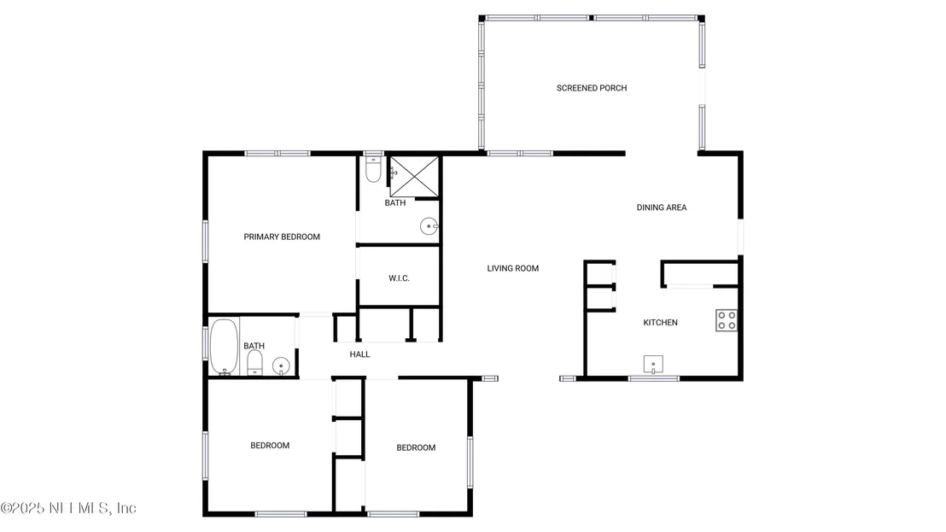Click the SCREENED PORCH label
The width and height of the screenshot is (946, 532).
point(591,88)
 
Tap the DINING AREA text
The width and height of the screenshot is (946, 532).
point(661,208)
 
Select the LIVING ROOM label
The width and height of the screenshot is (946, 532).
point(513,268)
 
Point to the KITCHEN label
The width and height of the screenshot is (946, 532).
point(660,323)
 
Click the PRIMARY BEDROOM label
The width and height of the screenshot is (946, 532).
point(282,237)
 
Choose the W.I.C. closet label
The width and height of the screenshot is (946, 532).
point(399,278)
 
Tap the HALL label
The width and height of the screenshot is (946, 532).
point(359,354)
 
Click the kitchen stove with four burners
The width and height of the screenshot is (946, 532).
point(727,320)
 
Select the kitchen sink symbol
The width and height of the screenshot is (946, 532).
point(653,365)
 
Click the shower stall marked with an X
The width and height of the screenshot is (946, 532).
point(414,176)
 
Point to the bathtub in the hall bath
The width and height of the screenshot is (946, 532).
point(225,347)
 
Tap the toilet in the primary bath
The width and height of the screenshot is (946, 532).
point(373,169)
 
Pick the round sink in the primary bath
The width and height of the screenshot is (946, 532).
point(429,226)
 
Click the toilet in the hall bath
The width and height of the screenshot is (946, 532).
point(255,363)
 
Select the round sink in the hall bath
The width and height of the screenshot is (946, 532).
point(281,365)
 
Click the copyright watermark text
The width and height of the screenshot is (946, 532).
point(68,508)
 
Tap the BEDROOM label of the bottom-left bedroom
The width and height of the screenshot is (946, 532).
point(270,446)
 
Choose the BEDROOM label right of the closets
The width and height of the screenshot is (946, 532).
point(416,447)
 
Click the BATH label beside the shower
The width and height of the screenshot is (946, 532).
point(395,202)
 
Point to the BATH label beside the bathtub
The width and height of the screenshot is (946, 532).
point(254,346)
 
